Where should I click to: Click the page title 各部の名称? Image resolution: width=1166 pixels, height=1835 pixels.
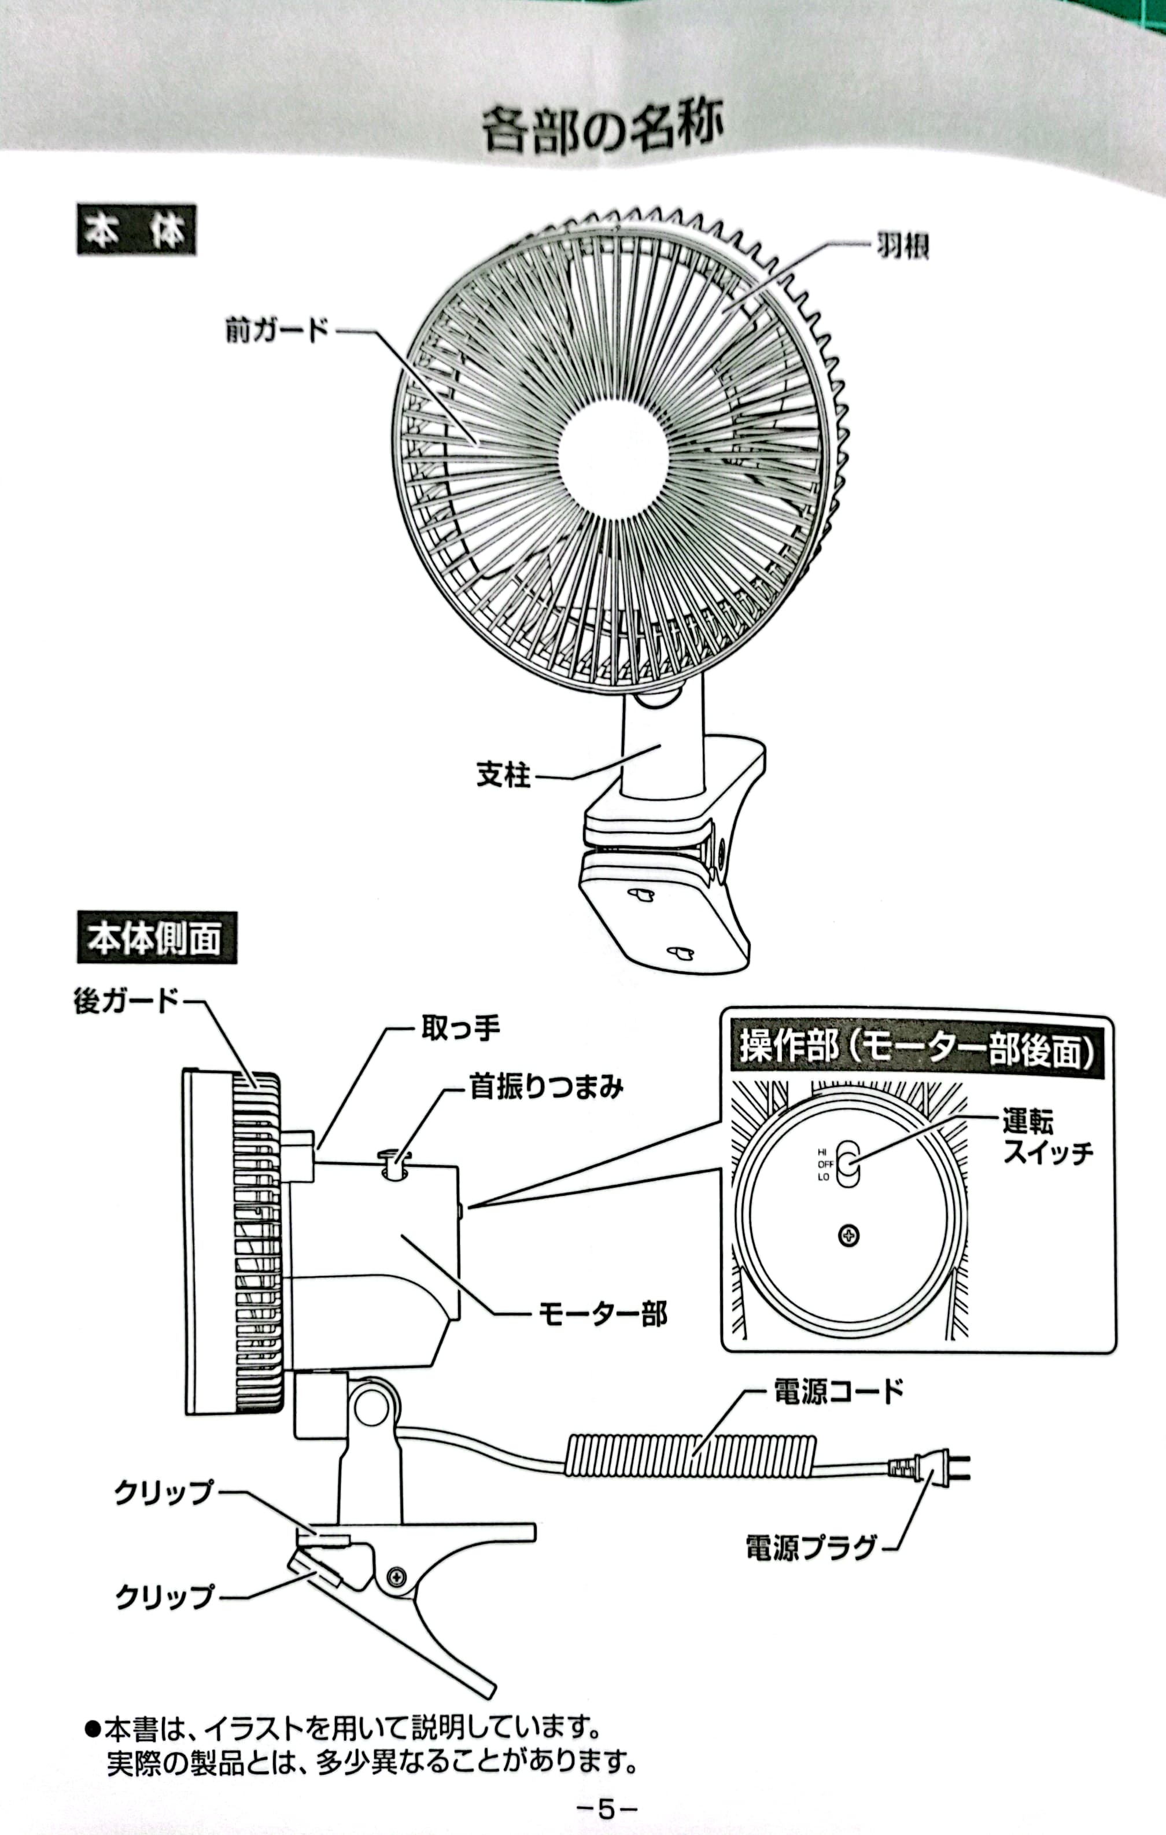[602, 130]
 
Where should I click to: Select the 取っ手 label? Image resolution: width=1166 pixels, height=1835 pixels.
[460, 1029]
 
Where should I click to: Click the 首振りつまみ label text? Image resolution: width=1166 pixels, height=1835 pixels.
[545, 1086]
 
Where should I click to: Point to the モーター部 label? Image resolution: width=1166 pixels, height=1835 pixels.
[602, 1314]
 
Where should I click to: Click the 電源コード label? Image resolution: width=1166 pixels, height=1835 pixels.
[838, 1391]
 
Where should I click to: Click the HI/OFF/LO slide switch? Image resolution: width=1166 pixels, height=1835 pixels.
[847, 1163]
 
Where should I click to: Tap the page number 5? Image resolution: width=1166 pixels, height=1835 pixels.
[606, 1808]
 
